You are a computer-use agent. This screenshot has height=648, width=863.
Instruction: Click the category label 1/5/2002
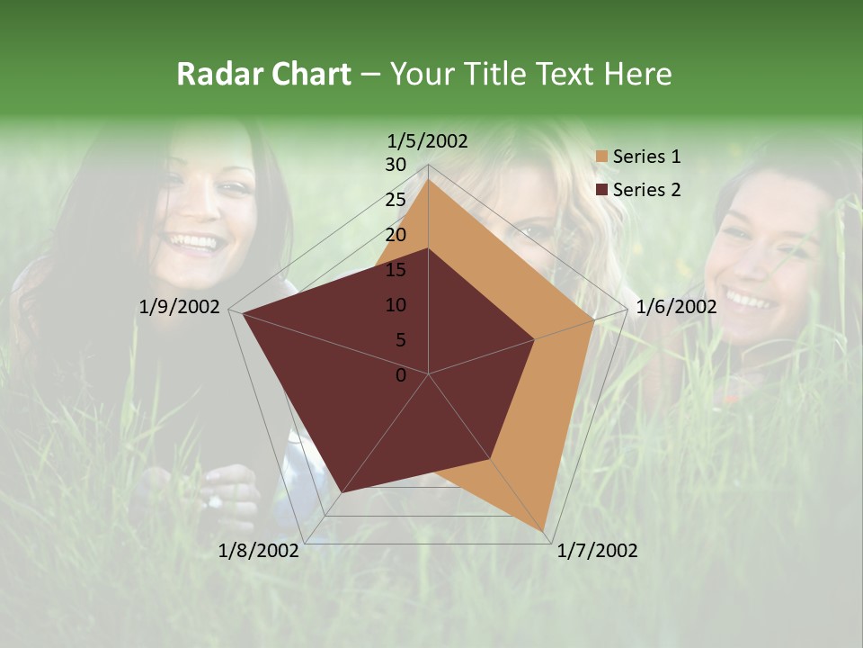[428, 140]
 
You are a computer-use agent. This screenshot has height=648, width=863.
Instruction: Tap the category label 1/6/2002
[676, 307]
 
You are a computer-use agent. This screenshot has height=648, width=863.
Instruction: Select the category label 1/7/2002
[597, 551]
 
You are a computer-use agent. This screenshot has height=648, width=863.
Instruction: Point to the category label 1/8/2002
[259, 551]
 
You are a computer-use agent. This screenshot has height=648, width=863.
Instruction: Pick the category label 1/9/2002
[180, 307]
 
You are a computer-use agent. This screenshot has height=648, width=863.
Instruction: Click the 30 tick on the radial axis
[396, 165]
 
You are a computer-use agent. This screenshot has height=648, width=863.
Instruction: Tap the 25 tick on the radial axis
[396, 200]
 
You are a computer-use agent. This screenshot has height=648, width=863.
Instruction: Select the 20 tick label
[396, 235]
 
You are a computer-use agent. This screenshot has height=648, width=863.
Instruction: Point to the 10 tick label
[396, 305]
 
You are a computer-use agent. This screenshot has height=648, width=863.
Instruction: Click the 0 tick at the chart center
[401, 375]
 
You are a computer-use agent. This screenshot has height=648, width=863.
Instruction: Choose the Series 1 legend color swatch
[601, 157]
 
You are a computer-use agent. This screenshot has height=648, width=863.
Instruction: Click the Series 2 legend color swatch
[601, 190]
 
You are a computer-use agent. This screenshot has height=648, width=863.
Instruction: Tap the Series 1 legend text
[646, 157]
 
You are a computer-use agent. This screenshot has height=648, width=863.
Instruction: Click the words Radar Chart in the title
[263, 74]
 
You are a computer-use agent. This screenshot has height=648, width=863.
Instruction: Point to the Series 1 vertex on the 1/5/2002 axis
[428, 179]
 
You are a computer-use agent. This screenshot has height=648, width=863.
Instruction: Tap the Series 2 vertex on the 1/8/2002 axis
[343, 491]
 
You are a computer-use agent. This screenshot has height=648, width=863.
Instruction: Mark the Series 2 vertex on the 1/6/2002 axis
[535, 339]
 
